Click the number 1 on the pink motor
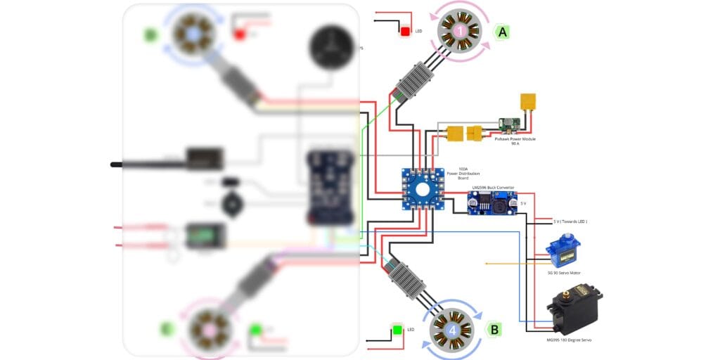pyautogui.click(x=459, y=30)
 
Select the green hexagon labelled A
pyautogui.click(x=502, y=32)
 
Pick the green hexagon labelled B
pyautogui.click(x=494, y=329)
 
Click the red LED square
pyautogui.click(x=405, y=31)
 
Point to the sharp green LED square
pyautogui.click(x=398, y=329)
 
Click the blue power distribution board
pyautogui.click(x=423, y=188)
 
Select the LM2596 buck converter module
pyautogui.click(x=492, y=204)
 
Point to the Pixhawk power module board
pyautogui.click(x=510, y=125)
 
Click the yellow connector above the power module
pyautogui.click(x=528, y=103)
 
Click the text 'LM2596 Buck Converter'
pyautogui.click(x=493, y=188)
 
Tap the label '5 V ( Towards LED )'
pyautogui.click(x=570, y=221)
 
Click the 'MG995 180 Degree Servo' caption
pyautogui.click(x=569, y=340)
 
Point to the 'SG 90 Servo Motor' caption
pyautogui.click(x=564, y=273)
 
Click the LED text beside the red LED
pyautogui.click(x=419, y=32)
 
